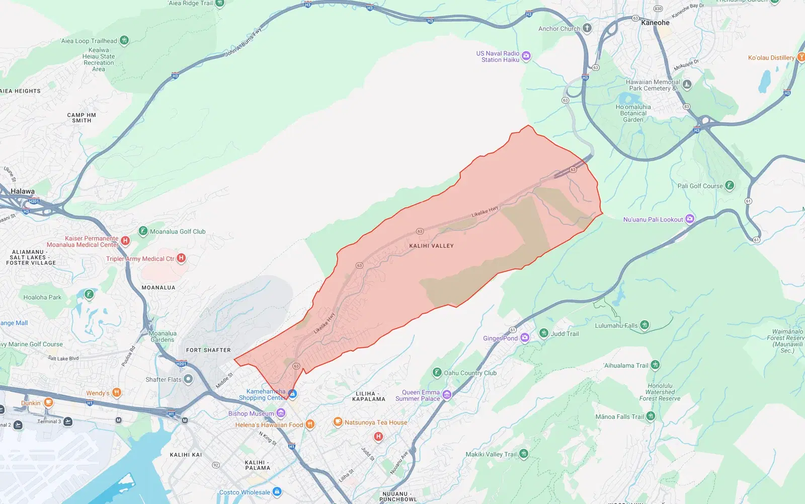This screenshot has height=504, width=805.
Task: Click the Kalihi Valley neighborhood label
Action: [431, 246]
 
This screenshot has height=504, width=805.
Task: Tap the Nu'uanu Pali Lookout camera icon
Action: [690, 219]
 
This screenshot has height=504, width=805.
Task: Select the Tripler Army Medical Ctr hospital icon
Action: [181, 258]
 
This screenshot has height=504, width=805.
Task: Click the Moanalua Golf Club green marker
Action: [143, 231]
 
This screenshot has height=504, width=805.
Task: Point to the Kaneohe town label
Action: [655, 23]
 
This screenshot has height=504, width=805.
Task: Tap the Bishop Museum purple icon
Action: [281, 413]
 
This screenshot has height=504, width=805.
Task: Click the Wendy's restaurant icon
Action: [116, 393]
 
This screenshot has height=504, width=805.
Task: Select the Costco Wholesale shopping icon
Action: [277, 492]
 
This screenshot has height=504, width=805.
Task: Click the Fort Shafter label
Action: [208, 350]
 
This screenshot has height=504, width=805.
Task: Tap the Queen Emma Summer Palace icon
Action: [447, 395]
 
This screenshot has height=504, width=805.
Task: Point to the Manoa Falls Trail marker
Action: [651, 416]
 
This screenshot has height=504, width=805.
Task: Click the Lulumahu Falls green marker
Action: [645, 325]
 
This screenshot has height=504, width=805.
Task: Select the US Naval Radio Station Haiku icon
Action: [526, 56]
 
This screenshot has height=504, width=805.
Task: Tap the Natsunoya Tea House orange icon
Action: [338, 422]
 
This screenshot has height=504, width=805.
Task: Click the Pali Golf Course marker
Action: [729, 186]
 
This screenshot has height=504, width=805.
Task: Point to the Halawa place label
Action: [23, 191]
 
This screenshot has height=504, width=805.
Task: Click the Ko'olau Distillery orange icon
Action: [800, 57]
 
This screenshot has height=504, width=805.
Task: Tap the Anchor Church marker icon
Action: [587, 28]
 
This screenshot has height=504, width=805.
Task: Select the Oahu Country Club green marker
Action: [437, 373]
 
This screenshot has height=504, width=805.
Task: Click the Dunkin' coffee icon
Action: [48, 402]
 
